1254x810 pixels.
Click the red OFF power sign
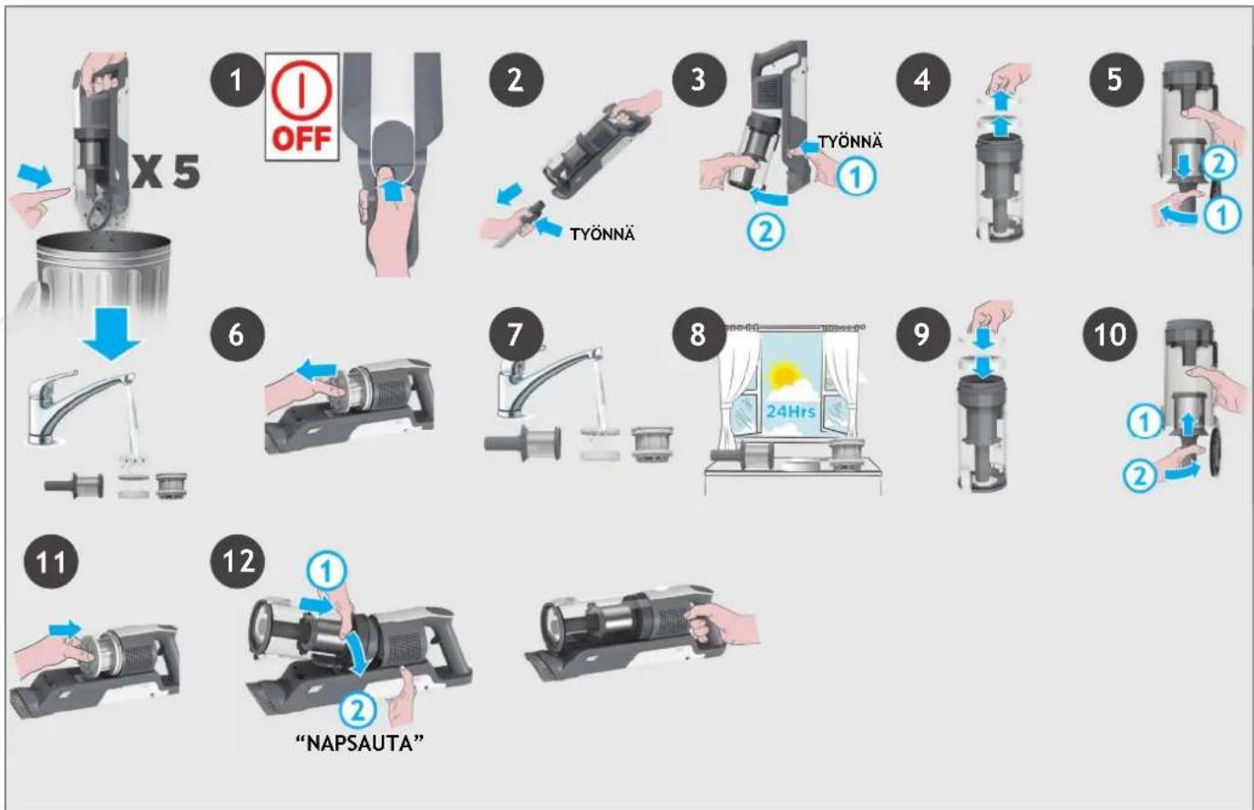coord(302,107)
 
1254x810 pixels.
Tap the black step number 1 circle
coord(237,80)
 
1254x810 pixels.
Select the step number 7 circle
coord(516,334)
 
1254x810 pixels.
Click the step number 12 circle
coord(237,561)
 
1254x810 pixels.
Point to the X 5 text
coord(166,171)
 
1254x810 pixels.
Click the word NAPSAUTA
coord(359,744)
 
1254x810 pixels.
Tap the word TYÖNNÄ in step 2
coord(602,234)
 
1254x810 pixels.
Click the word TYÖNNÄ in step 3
coord(850,141)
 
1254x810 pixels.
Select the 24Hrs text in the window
coord(790,412)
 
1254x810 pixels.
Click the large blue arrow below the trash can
coord(111,334)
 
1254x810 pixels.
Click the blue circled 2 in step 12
coord(357,710)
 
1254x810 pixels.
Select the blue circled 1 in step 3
coord(856,177)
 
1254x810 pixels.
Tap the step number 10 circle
coord(1110,334)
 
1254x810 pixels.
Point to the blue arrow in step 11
coord(65,630)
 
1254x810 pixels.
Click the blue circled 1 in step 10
coord(1145,422)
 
